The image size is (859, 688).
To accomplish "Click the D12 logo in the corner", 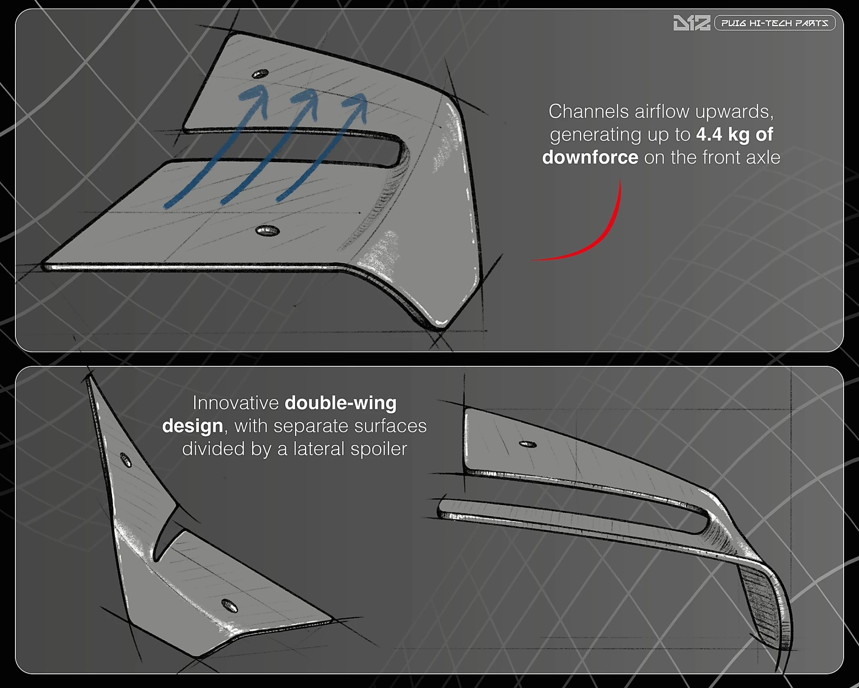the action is [691, 23].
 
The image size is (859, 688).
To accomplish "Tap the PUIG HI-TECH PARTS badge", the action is [775, 23].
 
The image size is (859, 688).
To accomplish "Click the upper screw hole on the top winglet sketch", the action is [260, 74].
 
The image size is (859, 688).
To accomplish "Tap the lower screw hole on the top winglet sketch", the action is [267, 231].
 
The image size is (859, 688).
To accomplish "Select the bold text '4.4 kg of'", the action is [735, 135].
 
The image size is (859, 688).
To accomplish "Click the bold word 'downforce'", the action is [590, 157].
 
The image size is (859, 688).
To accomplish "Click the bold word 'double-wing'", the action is [341, 403].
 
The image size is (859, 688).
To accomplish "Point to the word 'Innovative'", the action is [235, 403].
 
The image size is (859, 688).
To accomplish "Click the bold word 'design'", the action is [192, 426].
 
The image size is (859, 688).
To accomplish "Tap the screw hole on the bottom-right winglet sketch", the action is [527, 444].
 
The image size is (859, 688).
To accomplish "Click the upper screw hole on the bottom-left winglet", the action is [126, 460].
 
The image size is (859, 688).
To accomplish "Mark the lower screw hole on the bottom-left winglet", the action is [229, 606].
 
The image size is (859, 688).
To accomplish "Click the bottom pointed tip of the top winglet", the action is [440, 327].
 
